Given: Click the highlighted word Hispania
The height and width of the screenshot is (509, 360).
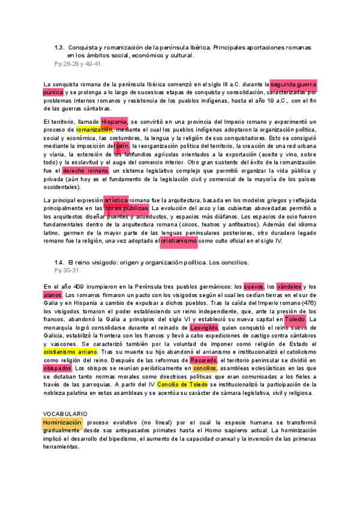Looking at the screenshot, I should tap(114, 122).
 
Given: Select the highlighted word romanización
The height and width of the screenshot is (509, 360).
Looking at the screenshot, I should tap(95, 130).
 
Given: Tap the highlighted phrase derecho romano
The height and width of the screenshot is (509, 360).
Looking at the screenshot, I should tap(86, 171).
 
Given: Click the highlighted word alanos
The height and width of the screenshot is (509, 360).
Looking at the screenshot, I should tap(52, 295).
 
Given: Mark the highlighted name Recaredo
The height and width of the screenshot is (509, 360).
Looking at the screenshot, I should tap(203, 360).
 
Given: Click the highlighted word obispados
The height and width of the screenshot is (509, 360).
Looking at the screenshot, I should tap(58, 368).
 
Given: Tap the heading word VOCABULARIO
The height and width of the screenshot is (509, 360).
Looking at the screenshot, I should tap(65, 414).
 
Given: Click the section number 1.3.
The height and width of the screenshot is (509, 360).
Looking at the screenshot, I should tap(59, 47).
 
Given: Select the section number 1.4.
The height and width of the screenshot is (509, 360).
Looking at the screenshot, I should tap(59, 263).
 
